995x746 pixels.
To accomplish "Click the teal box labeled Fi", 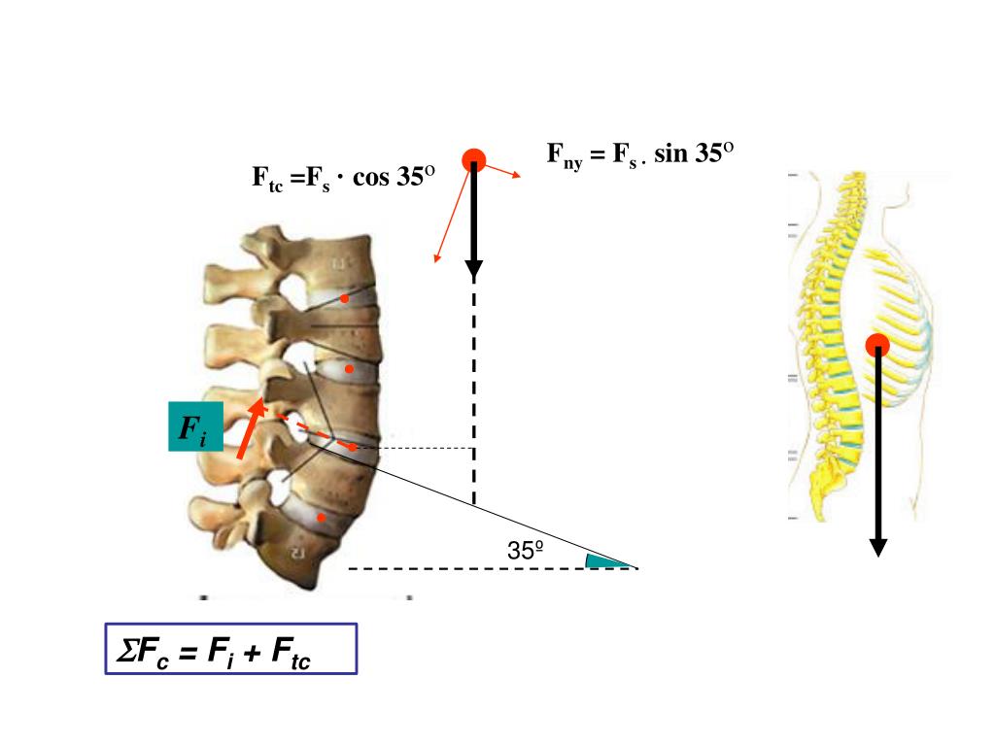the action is (195, 426).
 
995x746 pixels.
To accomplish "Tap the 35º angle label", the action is (525, 550).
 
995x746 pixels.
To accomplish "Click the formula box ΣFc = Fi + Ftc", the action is (231, 649).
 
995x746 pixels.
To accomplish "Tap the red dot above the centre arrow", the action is (473, 160).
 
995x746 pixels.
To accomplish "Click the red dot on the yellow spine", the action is (877, 345).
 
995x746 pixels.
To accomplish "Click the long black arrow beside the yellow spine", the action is (877, 447).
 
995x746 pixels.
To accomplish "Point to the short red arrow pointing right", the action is (502, 171).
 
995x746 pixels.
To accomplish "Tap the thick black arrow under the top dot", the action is (473, 219).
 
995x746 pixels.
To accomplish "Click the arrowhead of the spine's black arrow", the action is (878, 547).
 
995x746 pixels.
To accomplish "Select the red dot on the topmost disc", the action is (344, 298).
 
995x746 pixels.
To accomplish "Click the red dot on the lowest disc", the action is (321, 517).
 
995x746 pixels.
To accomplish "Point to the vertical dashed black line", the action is (473, 389).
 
